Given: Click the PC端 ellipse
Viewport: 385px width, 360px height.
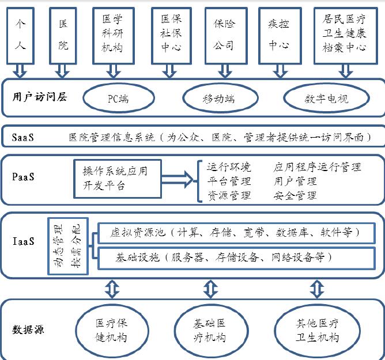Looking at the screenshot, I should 118,98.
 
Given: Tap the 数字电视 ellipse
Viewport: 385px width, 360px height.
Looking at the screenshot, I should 326,98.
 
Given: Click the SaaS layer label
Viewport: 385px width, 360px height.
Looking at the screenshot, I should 23,137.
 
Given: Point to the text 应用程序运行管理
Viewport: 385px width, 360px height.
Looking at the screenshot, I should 317,167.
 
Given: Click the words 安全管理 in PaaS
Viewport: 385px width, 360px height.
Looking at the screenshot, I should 295,195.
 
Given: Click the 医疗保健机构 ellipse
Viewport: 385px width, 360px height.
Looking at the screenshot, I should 110,331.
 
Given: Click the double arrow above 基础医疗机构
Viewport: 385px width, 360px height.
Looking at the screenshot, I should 208,286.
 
